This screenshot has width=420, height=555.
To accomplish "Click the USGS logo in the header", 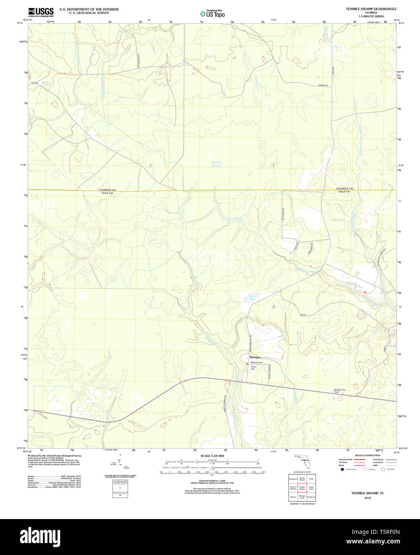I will [x=41, y=12].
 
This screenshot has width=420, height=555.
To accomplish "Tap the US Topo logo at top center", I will [x=212, y=14].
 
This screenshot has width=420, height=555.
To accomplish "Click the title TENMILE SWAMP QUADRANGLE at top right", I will [x=371, y=9].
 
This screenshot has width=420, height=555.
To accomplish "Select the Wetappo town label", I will [x=255, y=357].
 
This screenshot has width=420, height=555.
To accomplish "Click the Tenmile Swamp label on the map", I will [x=217, y=164].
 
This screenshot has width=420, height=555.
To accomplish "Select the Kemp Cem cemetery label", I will [x=253, y=368].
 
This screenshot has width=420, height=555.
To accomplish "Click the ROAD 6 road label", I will [x=305, y=315].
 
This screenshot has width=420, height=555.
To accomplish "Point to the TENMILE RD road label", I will [x=323, y=85].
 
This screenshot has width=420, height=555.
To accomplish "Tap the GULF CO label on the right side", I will [x=344, y=192].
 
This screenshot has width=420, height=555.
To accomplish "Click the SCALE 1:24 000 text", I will [x=212, y=456].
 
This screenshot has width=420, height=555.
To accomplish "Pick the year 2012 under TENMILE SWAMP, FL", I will [x=367, y=498].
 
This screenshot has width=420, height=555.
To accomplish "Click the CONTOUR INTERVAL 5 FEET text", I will [x=212, y=481].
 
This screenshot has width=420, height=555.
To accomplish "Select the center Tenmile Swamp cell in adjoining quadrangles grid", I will [x=302, y=488].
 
